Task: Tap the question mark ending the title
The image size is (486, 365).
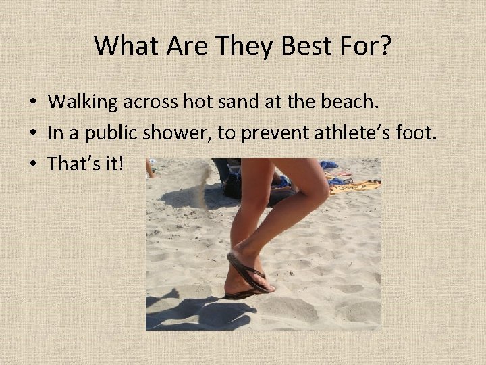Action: coord(384,46)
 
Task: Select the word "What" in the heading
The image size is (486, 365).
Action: coord(119,46)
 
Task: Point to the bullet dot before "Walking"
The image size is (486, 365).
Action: coord(32,103)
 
